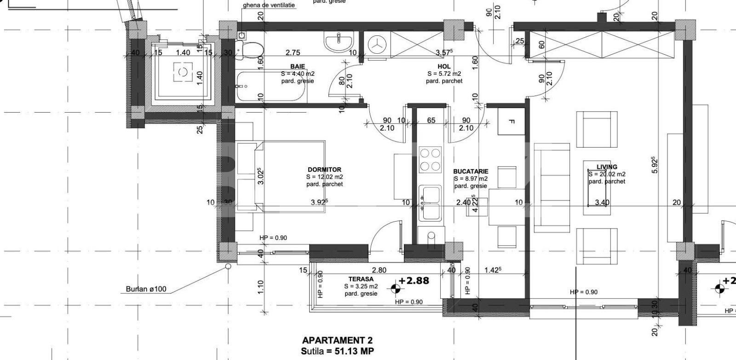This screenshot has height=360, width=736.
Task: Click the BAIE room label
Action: click(x=297, y=67)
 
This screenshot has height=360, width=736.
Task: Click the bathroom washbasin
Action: click(x=339, y=42)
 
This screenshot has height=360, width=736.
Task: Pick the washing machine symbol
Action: click(x=378, y=45)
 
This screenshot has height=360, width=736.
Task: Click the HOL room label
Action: click(x=444, y=67)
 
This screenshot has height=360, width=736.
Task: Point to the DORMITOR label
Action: click(x=324, y=170)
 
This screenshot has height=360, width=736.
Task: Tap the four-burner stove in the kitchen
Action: click(x=431, y=159)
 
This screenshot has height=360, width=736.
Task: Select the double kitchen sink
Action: click(x=430, y=203)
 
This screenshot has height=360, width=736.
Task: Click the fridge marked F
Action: click(x=511, y=121)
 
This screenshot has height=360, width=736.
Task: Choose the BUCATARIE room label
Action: click(x=471, y=171)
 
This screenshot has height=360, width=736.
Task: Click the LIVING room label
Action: click(x=607, y=167)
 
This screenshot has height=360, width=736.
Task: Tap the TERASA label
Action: click(x=361, y=279)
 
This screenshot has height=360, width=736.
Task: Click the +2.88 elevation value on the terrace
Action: click(x=414, y=280)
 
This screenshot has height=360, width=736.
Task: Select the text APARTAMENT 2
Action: click(x=337, y=341)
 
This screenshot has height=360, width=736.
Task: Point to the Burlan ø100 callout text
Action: click(x=146, y=290)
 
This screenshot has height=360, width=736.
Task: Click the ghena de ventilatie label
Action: click(x=269, y=6)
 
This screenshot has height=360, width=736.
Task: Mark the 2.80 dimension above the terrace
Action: click(x=379, y=270)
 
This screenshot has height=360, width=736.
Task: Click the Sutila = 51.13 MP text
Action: click(x=337, y=352)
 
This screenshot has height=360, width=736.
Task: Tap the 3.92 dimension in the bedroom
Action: click(x=319, y=202)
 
